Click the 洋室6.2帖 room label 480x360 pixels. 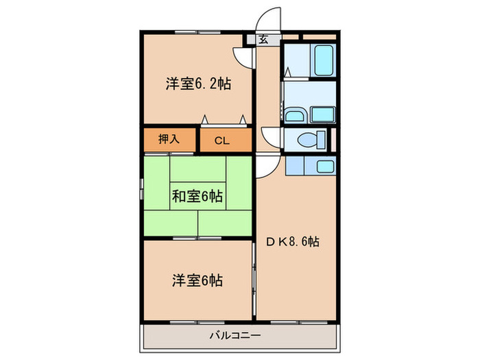coord(197,84)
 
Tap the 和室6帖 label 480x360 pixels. coord(197,197)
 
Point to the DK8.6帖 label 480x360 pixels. coord(293,241)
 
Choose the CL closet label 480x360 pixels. coord(221,141)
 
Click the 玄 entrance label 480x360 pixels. coord(263,39)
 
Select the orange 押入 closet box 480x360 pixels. coord(170,139)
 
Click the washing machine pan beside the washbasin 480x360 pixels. coord(322,115)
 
